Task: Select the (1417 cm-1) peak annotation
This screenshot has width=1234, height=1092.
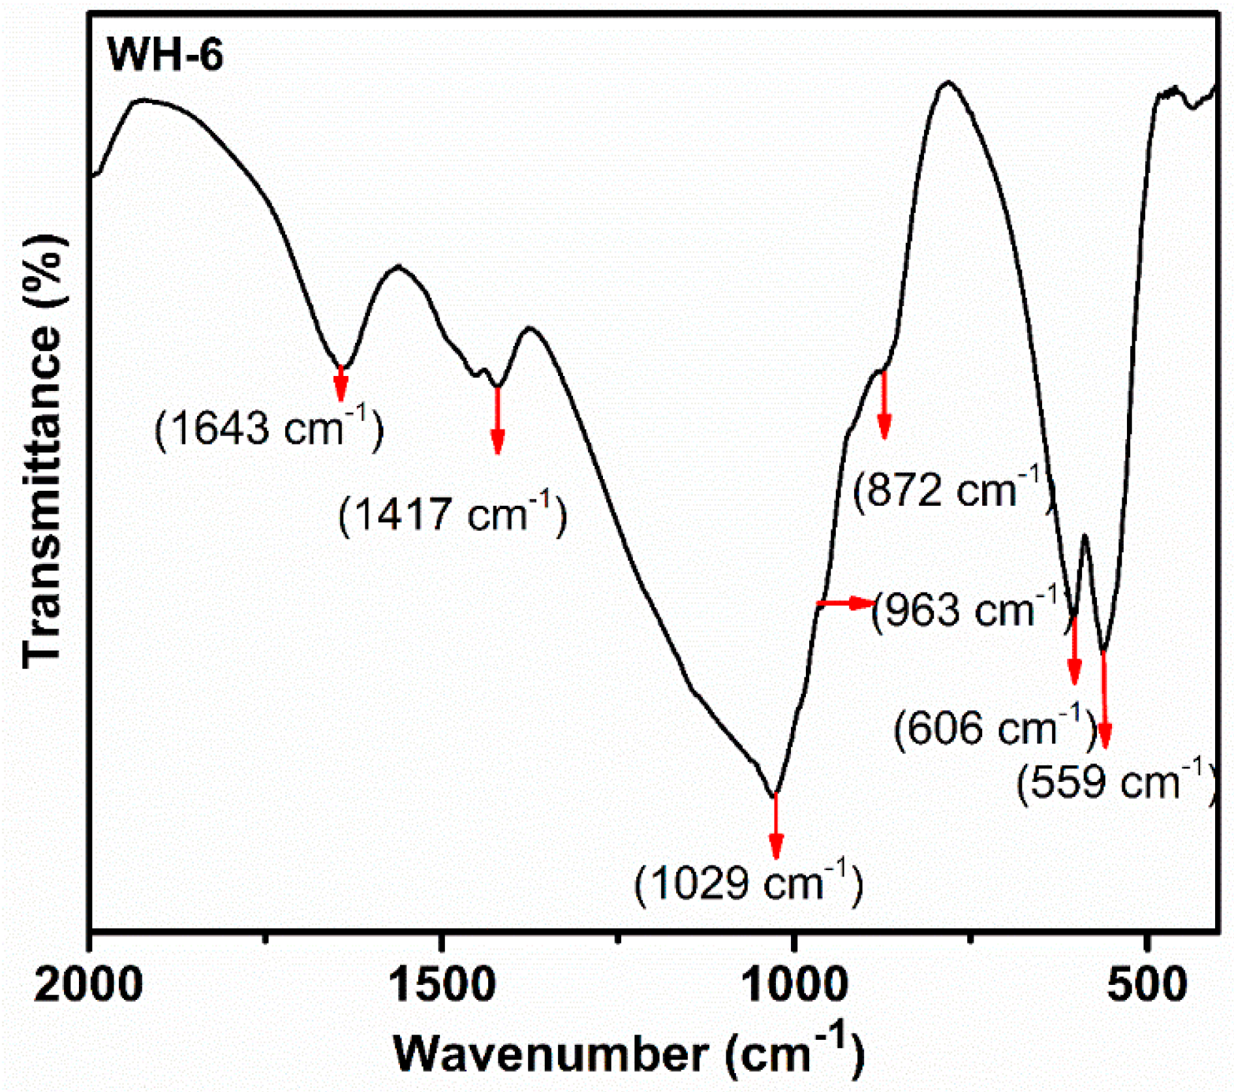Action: (x=452, y=514)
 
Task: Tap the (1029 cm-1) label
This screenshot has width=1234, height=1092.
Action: (x=748, y=884)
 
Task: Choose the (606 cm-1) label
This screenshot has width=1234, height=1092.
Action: (x=995, y=727)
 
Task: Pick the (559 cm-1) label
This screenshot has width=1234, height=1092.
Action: (x=1116, y=781)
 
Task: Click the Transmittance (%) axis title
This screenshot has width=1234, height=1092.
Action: (x=42, y=450)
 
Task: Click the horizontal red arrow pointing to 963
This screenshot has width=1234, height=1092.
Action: (x=845, y=603)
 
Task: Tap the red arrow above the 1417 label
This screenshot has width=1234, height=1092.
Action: (x=497, y=420)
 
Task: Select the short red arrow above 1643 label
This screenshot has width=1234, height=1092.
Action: (x=340, y=383)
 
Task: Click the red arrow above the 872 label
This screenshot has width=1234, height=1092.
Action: (x=884, y=405)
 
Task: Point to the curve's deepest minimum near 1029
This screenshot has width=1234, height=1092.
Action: (x=774, y=795)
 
